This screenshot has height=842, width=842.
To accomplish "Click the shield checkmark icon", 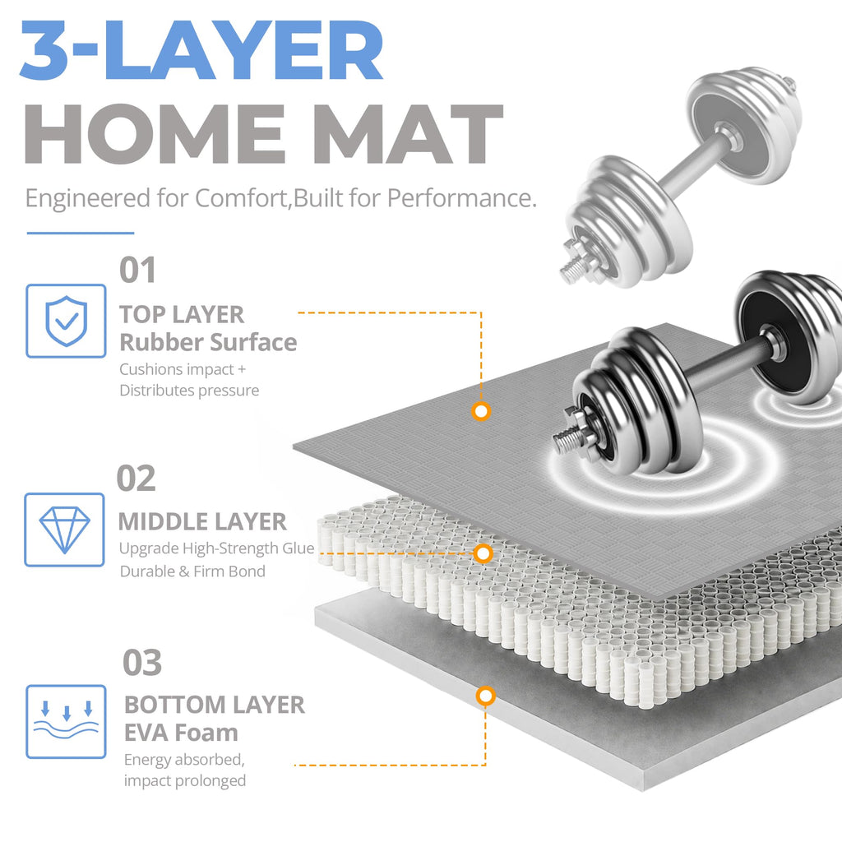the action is [66, 321].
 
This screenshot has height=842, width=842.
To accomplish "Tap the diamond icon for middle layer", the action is [64, 530].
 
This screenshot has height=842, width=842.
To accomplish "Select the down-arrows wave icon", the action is [66, 721].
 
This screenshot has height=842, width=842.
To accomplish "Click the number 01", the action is [137, 270].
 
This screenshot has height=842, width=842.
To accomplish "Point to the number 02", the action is [136, 478].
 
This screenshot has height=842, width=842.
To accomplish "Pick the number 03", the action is [142, 663].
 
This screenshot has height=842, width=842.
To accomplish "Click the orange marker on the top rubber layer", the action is [481, 411].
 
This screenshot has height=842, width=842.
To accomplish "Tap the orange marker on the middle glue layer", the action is [483, 553].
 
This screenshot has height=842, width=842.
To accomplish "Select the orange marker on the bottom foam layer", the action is [485, 696].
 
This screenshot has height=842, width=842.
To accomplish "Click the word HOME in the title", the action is [155, 134].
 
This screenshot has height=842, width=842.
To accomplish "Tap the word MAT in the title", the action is [409, 134].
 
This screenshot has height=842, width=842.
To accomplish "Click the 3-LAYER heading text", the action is [201, 50].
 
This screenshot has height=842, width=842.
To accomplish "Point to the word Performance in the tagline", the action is [461, 198].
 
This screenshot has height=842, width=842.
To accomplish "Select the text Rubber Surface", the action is [208, 343].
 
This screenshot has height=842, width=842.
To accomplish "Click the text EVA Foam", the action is [181, 733].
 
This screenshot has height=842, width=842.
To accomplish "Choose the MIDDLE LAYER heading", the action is [202, 522].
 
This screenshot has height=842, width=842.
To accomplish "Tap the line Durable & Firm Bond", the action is [192, 571].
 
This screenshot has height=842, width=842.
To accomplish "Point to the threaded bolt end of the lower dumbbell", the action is [571, 434].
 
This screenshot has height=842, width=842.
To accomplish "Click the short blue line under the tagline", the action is [81, 233].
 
